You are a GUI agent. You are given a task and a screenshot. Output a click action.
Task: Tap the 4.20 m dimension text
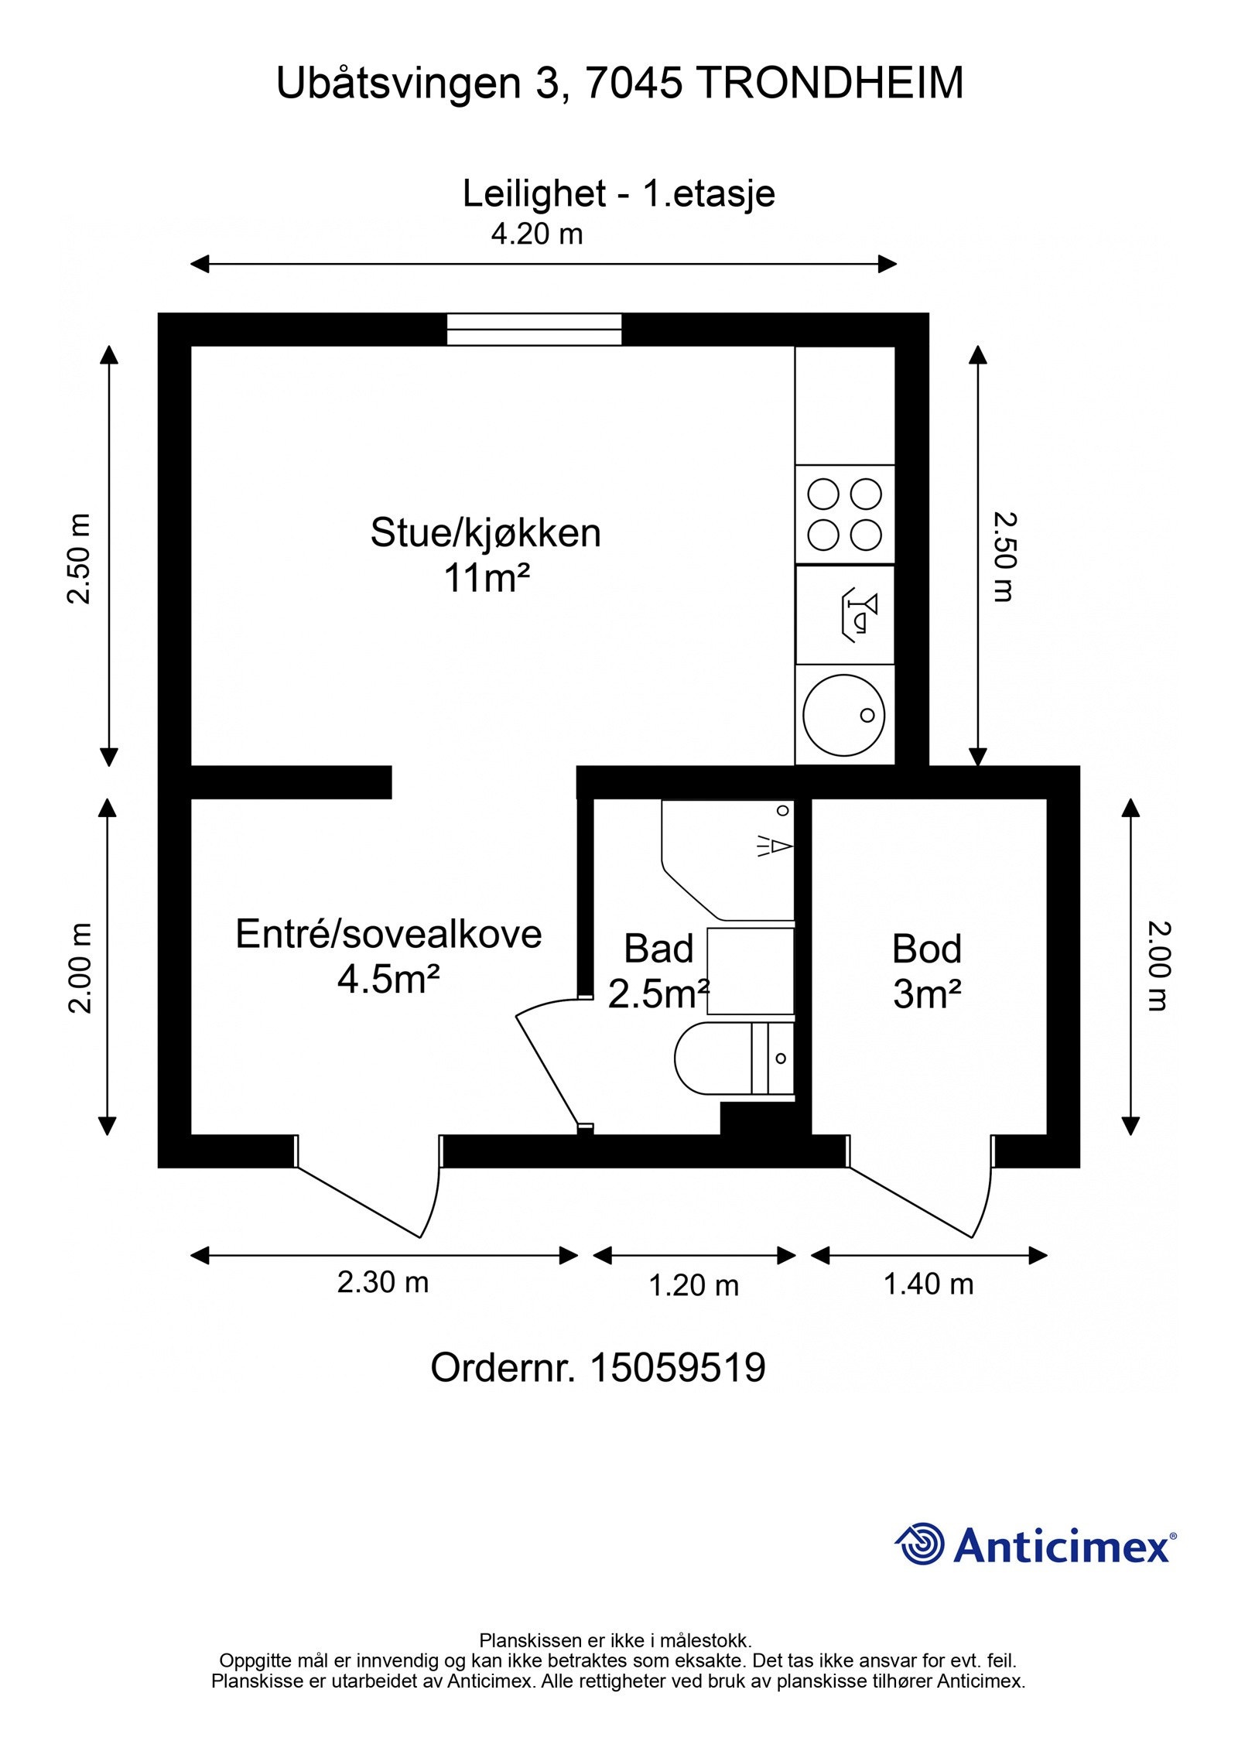(536, 233)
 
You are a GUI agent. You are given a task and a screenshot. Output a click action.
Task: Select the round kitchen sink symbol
(843, 715)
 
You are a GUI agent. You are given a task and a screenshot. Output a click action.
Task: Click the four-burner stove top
(844, 515)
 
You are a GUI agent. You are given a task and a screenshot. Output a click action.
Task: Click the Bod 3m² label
(926, 971)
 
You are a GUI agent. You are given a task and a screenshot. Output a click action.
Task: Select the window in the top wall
(534, 330)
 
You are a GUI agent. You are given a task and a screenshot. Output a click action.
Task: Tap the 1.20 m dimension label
(693, 1286)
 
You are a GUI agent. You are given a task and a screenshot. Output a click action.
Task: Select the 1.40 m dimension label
(928, 1284)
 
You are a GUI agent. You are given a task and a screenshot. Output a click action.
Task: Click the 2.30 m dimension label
(382, 1282)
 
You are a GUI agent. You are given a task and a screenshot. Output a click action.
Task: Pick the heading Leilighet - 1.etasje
(618, 193)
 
